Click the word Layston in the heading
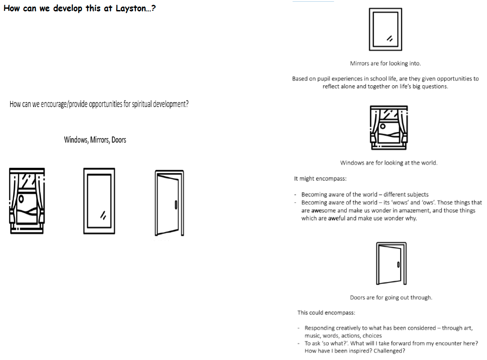pos(131,8)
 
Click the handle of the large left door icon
pos(176,205)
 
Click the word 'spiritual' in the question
pos(142,104)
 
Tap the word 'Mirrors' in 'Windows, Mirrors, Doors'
pos(100,140)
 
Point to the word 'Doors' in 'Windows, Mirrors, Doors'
pos(119,140)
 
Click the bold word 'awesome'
pos(323,211)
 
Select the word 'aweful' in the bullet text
pos(337,218)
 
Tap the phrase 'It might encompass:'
pos(320,179)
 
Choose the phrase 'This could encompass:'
pos(326,312)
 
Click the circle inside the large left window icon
pos(21,198)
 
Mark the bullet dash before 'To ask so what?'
pos(299,343)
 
